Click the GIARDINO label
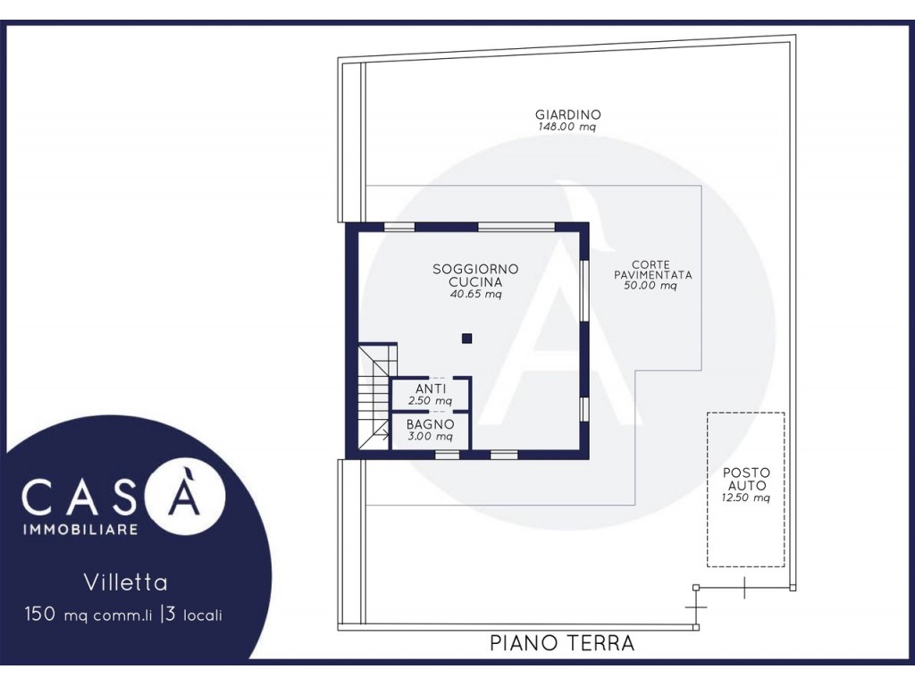567,115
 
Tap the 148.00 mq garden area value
567,127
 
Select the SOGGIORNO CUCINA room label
475,275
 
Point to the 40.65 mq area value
475,294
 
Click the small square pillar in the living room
466,339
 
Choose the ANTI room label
431,389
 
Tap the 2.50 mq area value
430,401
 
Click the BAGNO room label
430,424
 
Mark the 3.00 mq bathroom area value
430,436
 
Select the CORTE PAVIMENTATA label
652,270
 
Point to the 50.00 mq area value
651,286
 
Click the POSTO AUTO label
746,479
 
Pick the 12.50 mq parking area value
746,498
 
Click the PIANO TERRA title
562,643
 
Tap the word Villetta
125,582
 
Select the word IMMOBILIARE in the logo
80,529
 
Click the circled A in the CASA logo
184,496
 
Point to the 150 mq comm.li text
88,615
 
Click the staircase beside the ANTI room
374,397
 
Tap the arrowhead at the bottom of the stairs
386,433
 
